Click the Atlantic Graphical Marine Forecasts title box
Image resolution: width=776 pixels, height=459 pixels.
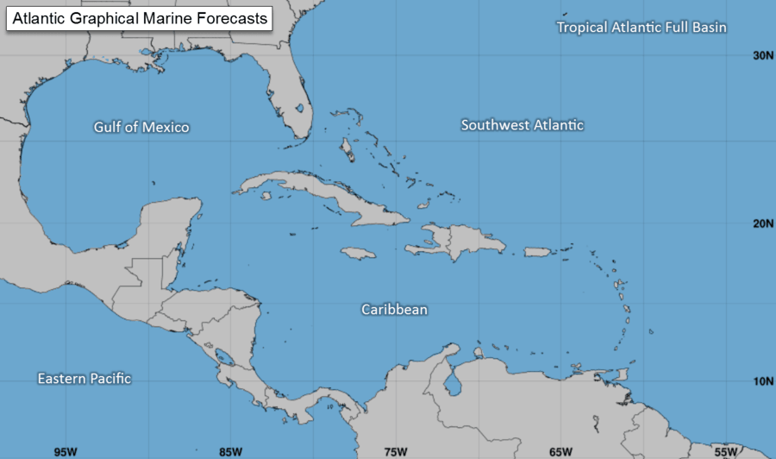[x=140, y=18]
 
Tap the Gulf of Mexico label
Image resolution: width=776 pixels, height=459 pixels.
[x=141, y=128]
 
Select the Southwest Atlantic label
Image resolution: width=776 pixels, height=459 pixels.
[x=523, y=125]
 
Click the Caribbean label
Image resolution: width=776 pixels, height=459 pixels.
[x=394, y=309]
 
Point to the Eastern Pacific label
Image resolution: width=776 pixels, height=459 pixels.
[x=84, y=379]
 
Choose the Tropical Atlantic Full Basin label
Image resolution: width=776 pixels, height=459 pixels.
[x=641, y=28]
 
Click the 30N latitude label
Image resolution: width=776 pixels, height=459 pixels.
[x=760, y=55]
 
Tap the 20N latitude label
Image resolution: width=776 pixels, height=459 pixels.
[x=760, y=223]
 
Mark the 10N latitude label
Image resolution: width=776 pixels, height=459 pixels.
[x=760, y=381]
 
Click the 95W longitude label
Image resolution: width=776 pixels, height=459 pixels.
[x=66, y=451]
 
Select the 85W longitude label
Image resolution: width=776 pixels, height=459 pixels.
[x=230, y=451]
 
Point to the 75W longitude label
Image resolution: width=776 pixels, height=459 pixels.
[x=395, y=451]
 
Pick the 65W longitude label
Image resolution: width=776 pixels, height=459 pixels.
[x=560, y=451]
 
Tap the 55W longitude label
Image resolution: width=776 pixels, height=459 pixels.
[x=725, y=451]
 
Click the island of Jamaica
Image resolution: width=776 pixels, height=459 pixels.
[x=359, y=253]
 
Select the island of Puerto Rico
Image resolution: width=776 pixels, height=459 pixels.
[x=538, y=252]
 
